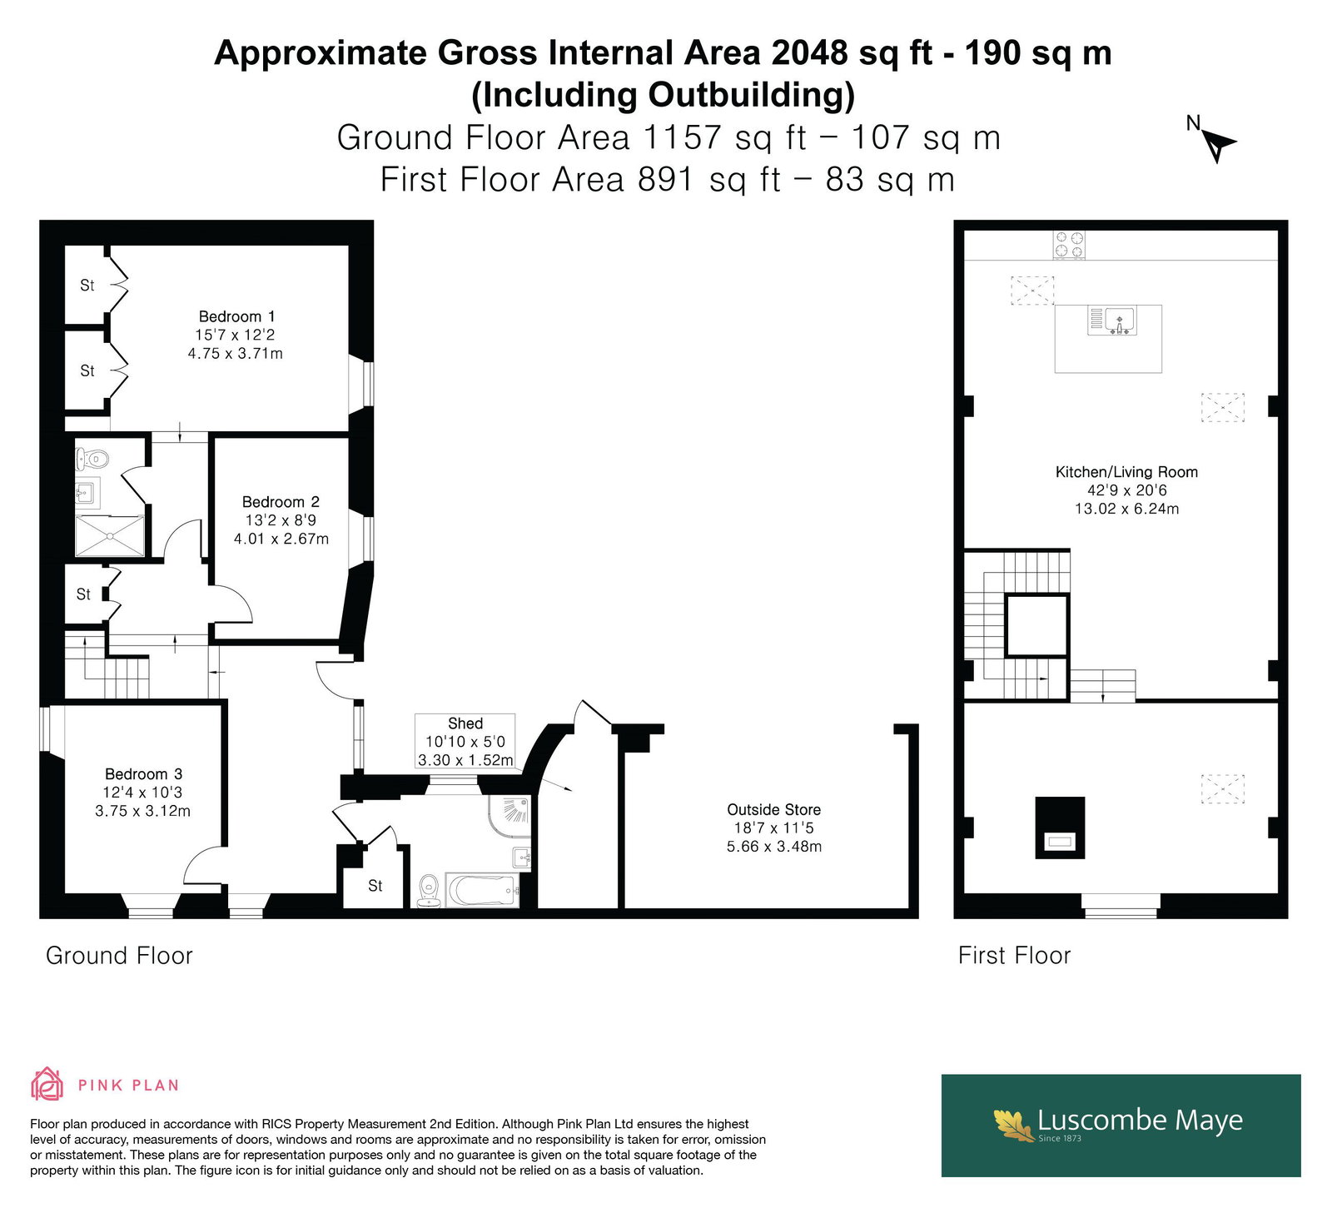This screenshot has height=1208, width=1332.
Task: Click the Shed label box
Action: click(x=465, y=741)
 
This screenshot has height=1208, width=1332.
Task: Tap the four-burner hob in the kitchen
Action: click(x=1069, y=245)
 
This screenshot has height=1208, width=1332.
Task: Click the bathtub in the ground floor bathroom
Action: click(x=482, y=890)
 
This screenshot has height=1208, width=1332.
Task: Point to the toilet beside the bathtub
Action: click(x=429, y=890)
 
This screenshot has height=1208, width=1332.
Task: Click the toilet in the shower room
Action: click(x=92, y=458)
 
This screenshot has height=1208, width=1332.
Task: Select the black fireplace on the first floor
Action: click(x=1060, y=828)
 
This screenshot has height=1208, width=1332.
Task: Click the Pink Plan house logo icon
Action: click(x=47, y=1084)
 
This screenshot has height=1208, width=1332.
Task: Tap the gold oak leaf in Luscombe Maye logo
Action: click(x=1014, y=1124)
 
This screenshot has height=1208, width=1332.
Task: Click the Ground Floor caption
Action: click(x=119, y=955)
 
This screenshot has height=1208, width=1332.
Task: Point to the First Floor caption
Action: click(x=1014, y=955)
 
